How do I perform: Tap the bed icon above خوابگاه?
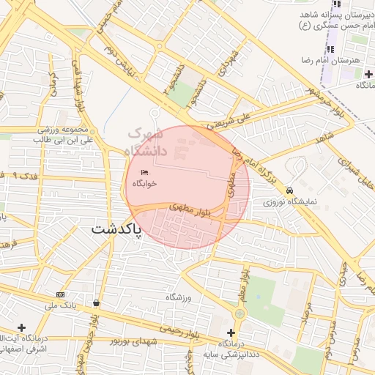(x=144, y=172)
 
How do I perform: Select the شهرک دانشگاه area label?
(x=147, y=142)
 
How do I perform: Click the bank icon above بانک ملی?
(x=60, y=294)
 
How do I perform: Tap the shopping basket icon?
(x=97, y=302)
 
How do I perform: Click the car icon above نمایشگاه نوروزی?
(x=291, y=189)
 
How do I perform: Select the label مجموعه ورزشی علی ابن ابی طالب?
(x=66, y=134)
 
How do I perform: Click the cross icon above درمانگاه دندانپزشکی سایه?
(x=231, y=333)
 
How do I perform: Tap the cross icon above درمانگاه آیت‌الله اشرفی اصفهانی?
(x=21, y=327)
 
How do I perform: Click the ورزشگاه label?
(x=178, y=297)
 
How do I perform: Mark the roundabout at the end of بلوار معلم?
(x=240, y=313)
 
